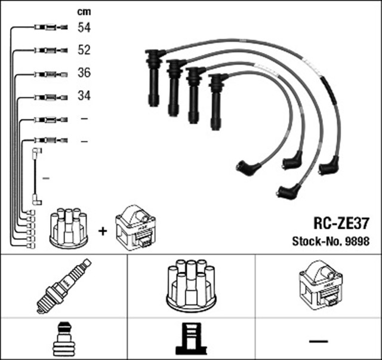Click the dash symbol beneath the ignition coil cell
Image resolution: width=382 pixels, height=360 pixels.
(x=319, y=341)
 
